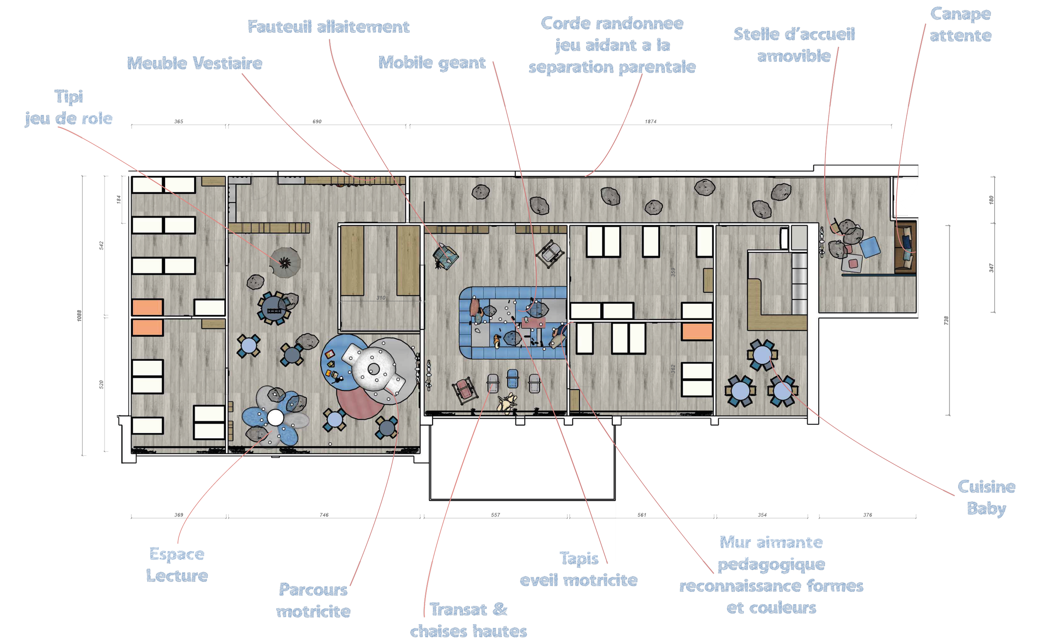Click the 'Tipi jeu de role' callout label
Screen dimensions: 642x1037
click(69, 108)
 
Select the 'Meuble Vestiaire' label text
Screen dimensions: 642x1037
click(195, 64)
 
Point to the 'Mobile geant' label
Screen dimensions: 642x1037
click(431, 63)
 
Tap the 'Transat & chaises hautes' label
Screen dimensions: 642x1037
click(468, 620)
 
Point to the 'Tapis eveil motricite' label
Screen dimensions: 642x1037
click(578, 569)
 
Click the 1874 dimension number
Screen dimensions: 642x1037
click(650, 122)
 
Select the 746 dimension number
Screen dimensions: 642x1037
click(324, 515)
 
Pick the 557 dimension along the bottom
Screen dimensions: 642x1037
click(496, 515)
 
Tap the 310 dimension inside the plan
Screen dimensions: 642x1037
click(381, 298)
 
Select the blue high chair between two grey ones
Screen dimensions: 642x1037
click(513, 379)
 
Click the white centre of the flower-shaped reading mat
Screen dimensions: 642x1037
click(275, 418)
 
